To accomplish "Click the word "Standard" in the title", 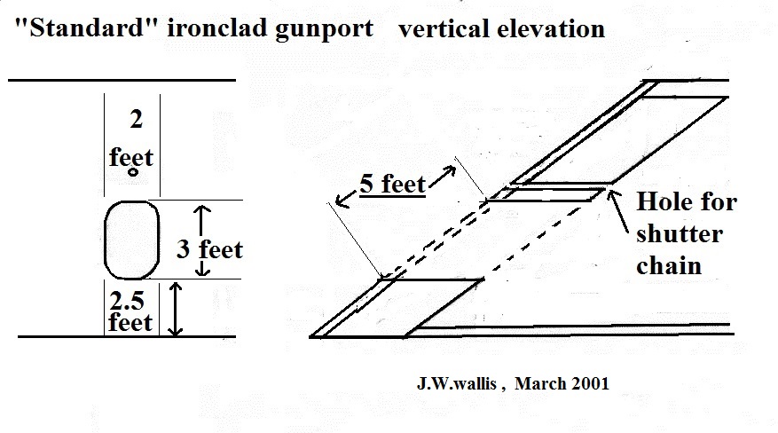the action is [87, 28].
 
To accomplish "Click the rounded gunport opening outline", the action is [106, 240].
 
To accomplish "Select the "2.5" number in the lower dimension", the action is [127, 301].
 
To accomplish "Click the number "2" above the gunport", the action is [136, 120].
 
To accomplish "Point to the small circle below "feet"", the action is [133, 172].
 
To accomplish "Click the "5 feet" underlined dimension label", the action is [392, 184].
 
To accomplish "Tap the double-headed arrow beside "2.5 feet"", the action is [175, 309].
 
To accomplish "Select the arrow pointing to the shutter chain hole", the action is [617, 211].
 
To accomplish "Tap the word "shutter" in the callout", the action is [680, 233].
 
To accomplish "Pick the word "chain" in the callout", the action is [669, 265].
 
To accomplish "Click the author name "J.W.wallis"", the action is [457, 383].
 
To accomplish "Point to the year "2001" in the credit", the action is [591, 383].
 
